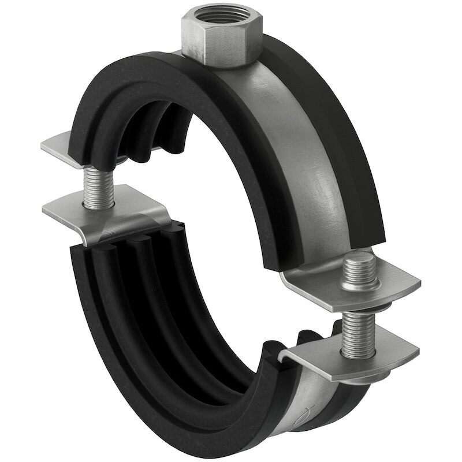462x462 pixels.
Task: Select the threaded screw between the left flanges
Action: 93,185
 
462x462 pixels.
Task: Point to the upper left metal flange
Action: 58,144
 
